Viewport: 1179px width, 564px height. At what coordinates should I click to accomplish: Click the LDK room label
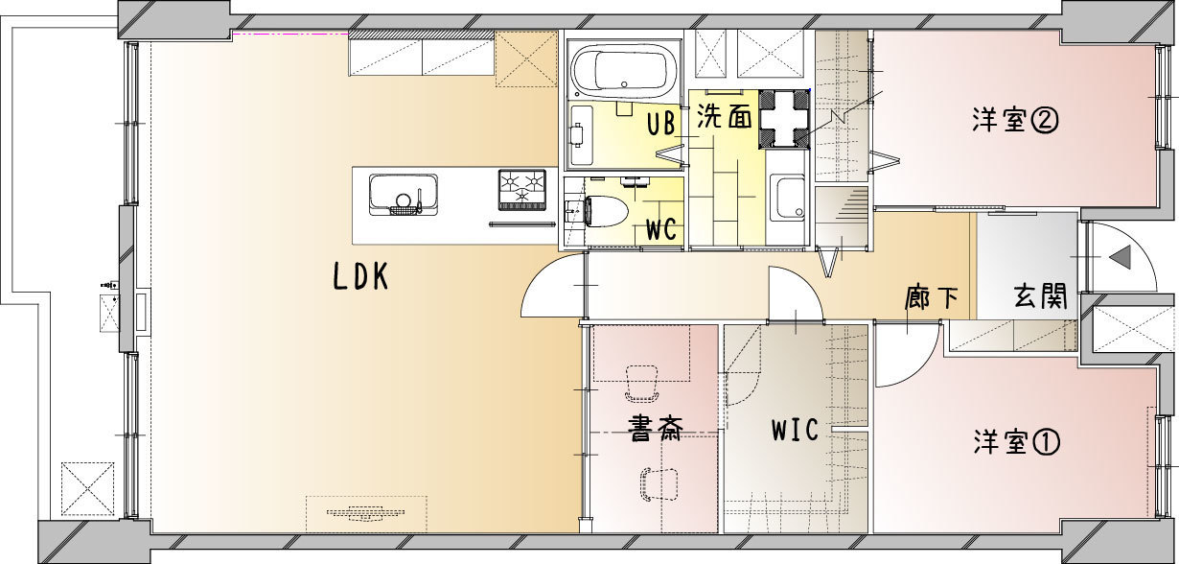click(361, 276)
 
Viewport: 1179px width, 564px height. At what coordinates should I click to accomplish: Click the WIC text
click(795, 430)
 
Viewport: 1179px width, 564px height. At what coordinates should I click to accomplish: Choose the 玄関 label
click(1040, 296)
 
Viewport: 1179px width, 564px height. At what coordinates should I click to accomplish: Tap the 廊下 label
click(932, 297)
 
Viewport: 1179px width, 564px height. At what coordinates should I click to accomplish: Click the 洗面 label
click(725, 117)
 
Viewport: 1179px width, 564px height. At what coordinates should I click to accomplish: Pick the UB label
click(661, 124)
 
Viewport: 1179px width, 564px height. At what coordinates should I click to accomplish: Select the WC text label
click(661, 229)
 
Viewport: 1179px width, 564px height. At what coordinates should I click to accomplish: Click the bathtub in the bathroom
click(624, 71)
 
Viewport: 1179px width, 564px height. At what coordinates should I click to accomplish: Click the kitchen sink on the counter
click(404, 195)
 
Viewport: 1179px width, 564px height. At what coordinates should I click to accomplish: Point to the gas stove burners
click(522, 190)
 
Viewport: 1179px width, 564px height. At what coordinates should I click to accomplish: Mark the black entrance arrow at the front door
click(1120, 257)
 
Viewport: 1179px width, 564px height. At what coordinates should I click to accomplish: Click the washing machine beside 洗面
click(784, 119)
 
